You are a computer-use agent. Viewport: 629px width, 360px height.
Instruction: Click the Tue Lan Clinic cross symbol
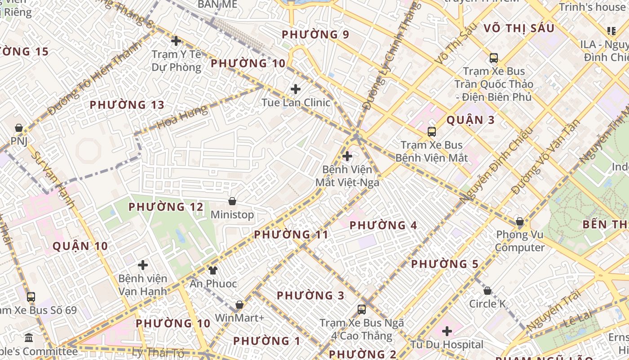[x=296, y=89]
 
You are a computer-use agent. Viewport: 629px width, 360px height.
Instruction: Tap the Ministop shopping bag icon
[x=232, y=201]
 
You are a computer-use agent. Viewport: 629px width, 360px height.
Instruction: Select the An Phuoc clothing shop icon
[x=213, y=270]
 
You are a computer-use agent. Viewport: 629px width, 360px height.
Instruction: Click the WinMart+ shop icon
[x=239, y=305]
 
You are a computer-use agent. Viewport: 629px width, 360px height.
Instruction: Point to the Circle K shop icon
[x=487, y=291]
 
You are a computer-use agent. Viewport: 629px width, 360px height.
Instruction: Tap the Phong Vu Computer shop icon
[x=520, y=221]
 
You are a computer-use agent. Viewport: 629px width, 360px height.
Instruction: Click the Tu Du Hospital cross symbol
[x=447, y=332]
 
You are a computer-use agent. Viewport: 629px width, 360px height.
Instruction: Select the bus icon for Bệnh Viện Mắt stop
[x=432, y=132]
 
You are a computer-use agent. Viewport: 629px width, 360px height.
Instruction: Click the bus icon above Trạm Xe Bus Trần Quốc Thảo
[x=494, y=58]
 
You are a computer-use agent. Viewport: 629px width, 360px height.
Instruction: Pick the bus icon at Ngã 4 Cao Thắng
[x=362, y=310]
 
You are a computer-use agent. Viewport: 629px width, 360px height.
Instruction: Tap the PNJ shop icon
[x=19, y=128]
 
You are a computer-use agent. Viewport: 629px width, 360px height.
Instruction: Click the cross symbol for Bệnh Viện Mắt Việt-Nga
[x=347, y=156]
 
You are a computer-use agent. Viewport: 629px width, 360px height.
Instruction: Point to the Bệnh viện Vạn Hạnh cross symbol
[x=143, y=265]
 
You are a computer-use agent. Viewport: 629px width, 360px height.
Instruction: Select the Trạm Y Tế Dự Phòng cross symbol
[x=176, y=41]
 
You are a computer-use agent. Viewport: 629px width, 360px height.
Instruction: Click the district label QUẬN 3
[x=470, y=120]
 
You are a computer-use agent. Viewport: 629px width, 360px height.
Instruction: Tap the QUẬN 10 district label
[x=80, y=246]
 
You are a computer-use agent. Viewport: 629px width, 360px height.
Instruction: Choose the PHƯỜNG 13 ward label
[x=127, y=105]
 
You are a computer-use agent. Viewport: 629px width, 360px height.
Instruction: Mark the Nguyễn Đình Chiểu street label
[x=496, y=164]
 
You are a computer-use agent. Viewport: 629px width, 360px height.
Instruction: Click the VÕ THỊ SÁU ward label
[x=519, y=28]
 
